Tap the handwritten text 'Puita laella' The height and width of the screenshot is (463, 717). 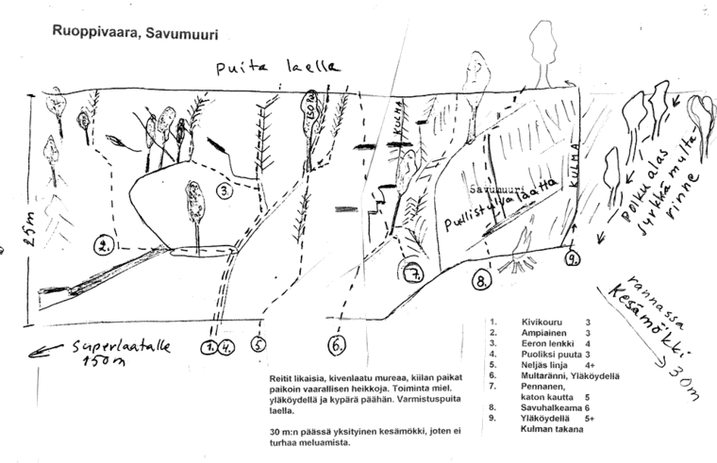click(277, 68)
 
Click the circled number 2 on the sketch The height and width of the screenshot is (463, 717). click(103, 247)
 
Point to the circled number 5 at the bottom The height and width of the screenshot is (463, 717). click(259, 345)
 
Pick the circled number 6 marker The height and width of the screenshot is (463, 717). click(337, 345)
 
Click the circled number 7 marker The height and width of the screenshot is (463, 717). click(412, 275)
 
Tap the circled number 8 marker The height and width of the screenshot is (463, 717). click(482, 280)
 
